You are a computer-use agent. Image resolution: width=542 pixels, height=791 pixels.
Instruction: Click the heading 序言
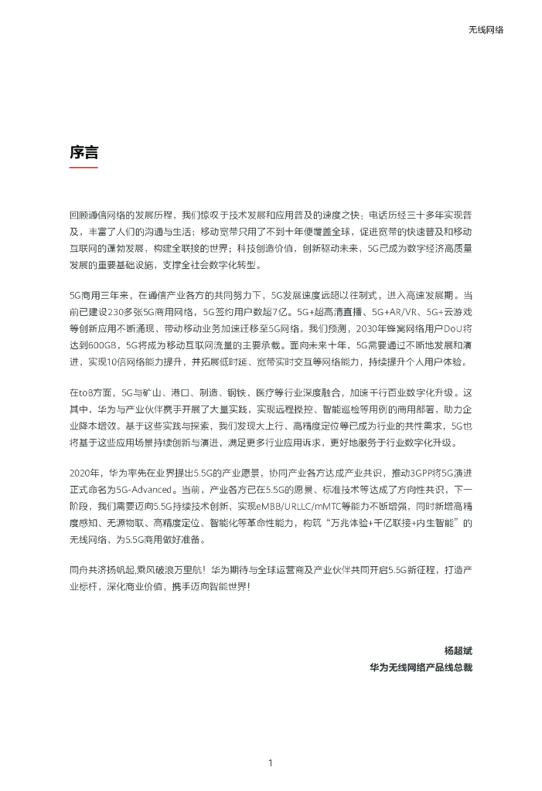(84, 153)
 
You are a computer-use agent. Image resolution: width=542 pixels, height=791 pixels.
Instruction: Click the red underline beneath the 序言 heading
(84, 167)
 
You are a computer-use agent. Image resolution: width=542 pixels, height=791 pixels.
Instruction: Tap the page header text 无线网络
(486, 29)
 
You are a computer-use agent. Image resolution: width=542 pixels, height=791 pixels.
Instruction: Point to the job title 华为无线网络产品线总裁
(421, 667)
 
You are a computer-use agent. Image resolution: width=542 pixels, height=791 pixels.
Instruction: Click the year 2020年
(85, 472)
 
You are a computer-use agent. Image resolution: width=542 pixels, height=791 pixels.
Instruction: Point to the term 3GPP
(408, 472)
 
